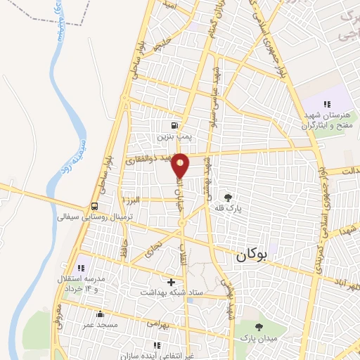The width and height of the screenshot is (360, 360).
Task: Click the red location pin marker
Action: coord(181,165)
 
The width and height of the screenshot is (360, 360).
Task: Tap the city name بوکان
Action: coord(248,257)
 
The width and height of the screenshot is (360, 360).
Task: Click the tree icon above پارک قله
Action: coord(227,198)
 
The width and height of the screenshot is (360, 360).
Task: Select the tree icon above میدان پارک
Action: coord(259,327)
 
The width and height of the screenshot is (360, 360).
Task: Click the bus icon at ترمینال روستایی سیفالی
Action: coord(94,207)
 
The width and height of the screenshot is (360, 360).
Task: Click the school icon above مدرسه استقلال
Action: coord(81,268)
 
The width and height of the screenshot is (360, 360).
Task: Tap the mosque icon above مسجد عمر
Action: coord(100,314)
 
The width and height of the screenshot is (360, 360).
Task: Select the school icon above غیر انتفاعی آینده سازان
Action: coord(156,345)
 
